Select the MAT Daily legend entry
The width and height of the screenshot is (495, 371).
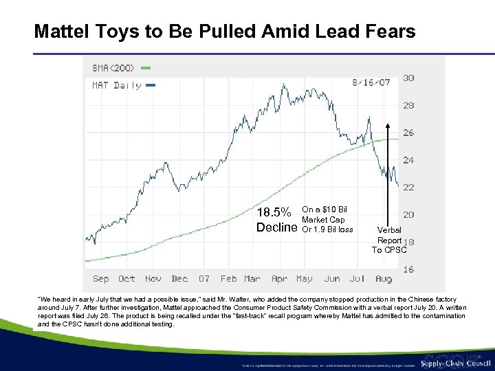coord(117,85)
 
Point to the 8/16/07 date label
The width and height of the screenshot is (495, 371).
coord(371,82)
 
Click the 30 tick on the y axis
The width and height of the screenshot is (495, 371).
coord(408,78)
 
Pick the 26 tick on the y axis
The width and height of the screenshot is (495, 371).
coord(408,133)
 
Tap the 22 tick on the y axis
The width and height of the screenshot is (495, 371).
coord(408,187)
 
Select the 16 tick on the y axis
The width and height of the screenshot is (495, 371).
coord(408,269)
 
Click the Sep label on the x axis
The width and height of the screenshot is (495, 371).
coord(101,278)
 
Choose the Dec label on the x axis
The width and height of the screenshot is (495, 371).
coord(179,278)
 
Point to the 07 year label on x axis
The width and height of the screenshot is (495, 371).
coord(204,278)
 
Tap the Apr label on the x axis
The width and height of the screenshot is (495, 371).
coord(279,278)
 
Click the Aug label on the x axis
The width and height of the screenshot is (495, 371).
coord(384,278)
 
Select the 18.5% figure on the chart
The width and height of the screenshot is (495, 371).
coord(276,212)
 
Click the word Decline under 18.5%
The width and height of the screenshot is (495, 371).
coord(276,227)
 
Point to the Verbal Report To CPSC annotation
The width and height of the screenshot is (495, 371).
coord(389,240)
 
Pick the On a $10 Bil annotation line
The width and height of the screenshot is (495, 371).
coord(324,210)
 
